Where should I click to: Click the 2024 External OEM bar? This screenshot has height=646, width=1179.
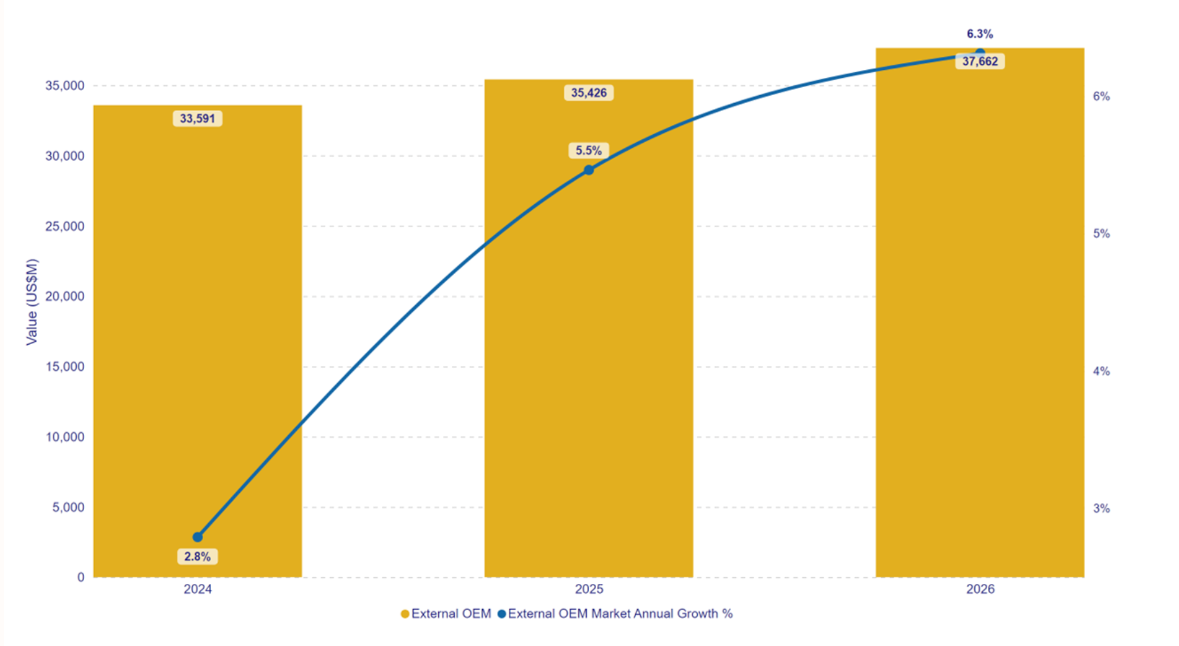point(197,330)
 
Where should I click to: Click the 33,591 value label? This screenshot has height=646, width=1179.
point(197,119)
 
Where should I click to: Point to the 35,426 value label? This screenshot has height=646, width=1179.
point(588,93)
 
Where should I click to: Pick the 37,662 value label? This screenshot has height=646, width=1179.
point(979,61)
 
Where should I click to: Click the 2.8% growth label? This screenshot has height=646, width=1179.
point(197,557)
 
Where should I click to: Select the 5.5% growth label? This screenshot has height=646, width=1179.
point(588,151)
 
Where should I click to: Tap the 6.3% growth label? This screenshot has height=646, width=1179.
point(979,34)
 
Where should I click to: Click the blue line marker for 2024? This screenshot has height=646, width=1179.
point(198,537)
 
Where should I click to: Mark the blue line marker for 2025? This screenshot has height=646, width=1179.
point(589,170)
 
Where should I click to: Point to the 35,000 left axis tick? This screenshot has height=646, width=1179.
point(65,86)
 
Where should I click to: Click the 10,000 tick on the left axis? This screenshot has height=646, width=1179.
point(65,437)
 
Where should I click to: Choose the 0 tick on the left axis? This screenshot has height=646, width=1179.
point(81,577)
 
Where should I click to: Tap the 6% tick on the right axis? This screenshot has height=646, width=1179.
point(1101,96)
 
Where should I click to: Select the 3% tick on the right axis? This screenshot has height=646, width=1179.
point(1101,509)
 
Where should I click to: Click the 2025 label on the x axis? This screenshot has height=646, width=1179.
point(588,589)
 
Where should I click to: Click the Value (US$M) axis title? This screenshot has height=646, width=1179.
point(32,302)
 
